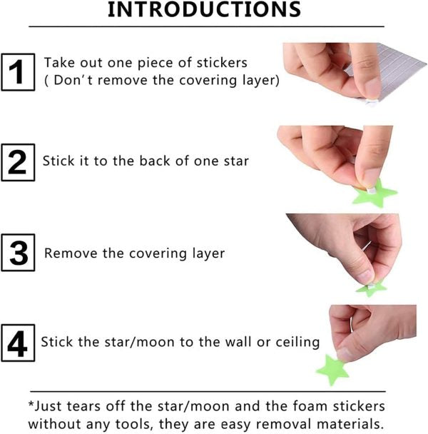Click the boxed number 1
(18, 72)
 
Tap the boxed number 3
(18, 253)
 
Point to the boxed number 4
(18, 343)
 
